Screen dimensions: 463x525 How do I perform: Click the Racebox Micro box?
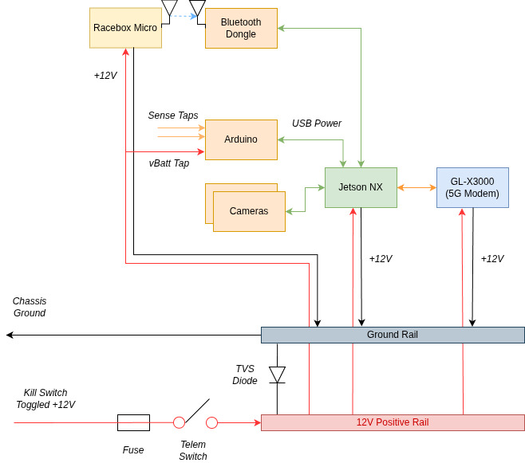(x=125, y=28)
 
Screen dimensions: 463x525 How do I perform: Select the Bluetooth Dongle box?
(x=241, y=29)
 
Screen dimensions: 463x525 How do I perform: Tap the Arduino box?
(x=241, y=139)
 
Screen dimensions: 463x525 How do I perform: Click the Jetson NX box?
(x=361, y=187)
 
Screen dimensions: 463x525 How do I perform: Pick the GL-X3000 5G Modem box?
(x=472, y=187)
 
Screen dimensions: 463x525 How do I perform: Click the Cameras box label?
(x=249, y=211)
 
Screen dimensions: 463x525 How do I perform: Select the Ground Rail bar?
(x=393, y=335)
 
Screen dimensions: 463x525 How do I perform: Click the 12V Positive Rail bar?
(x=393, y=422)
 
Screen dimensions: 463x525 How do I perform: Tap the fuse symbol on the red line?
(x=133, y=422)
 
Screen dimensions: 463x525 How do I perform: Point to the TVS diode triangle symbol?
(x=277, y=374)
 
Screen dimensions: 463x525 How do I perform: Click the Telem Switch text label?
(x=193, y=450)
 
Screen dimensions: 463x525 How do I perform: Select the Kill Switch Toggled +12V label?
(x=45, y=398)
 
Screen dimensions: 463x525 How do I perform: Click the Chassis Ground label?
(x=30, y=307)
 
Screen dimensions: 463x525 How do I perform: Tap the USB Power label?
(x=317, y=124)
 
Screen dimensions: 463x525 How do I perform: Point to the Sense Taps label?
(x=173, y=116)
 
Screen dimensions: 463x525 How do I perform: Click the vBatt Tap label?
(x=169, y=163)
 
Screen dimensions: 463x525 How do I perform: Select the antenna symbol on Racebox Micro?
(x=169, y=9)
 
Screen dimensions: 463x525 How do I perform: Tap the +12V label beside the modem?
(x=492, y=259)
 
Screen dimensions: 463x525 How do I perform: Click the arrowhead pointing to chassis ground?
(x=10, y=335)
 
